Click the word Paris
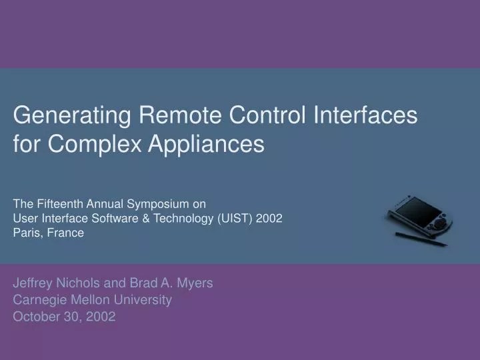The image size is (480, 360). (27, 233)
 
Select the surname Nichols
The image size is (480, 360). (79, 283)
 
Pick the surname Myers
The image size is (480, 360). (196, 283)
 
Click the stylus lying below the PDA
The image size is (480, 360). (420, 239)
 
